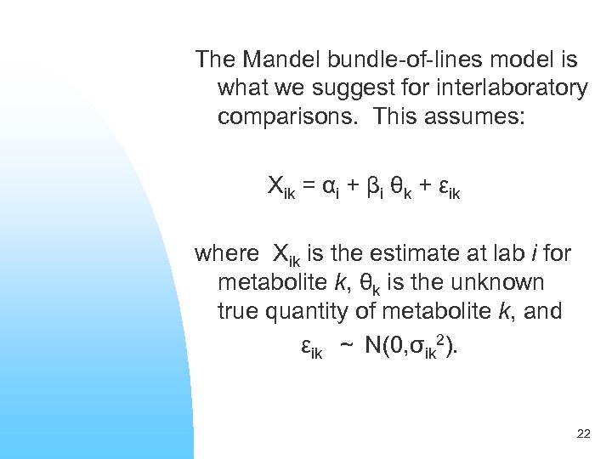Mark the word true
(x=241, y=311)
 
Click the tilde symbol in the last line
(x=346, y=347)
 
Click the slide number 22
(x=583, y=434)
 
